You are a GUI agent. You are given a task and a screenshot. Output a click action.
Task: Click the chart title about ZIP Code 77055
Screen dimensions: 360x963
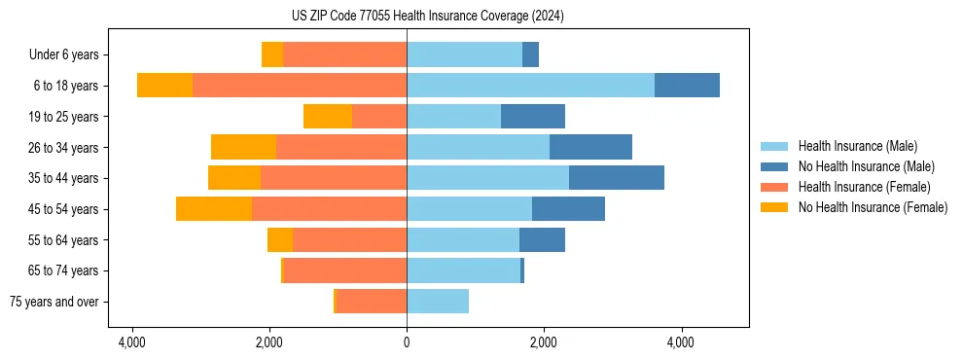427,17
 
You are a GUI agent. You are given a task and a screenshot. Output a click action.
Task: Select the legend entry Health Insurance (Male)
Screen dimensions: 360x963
856,146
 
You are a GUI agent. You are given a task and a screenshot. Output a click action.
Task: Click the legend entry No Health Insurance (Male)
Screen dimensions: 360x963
866,166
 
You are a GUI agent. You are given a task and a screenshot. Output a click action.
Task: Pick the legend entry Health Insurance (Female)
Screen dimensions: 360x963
864,187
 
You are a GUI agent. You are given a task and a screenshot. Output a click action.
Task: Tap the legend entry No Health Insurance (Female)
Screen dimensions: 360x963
873,207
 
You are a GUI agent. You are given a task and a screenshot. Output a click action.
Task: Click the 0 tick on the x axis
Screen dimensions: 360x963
407,342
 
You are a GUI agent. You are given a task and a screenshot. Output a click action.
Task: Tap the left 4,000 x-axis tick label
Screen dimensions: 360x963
132,342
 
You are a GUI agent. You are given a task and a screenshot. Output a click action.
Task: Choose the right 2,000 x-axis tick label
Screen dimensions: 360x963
544,342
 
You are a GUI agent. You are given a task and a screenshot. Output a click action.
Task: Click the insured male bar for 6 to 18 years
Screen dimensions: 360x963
530,86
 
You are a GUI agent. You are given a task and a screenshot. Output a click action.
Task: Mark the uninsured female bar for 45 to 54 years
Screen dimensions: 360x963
214,209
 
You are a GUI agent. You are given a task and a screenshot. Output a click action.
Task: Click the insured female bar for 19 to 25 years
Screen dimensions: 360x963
379,117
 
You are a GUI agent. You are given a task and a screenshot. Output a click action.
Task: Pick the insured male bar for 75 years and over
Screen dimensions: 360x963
438,302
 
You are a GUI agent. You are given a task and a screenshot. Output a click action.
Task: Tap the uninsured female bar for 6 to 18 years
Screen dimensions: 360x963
164,86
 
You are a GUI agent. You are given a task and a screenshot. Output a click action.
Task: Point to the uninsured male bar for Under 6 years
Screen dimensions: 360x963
530,54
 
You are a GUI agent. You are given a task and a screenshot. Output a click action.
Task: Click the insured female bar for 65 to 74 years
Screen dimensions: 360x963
345,270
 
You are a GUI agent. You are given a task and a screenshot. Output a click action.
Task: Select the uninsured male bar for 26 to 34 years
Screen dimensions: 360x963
590,147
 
